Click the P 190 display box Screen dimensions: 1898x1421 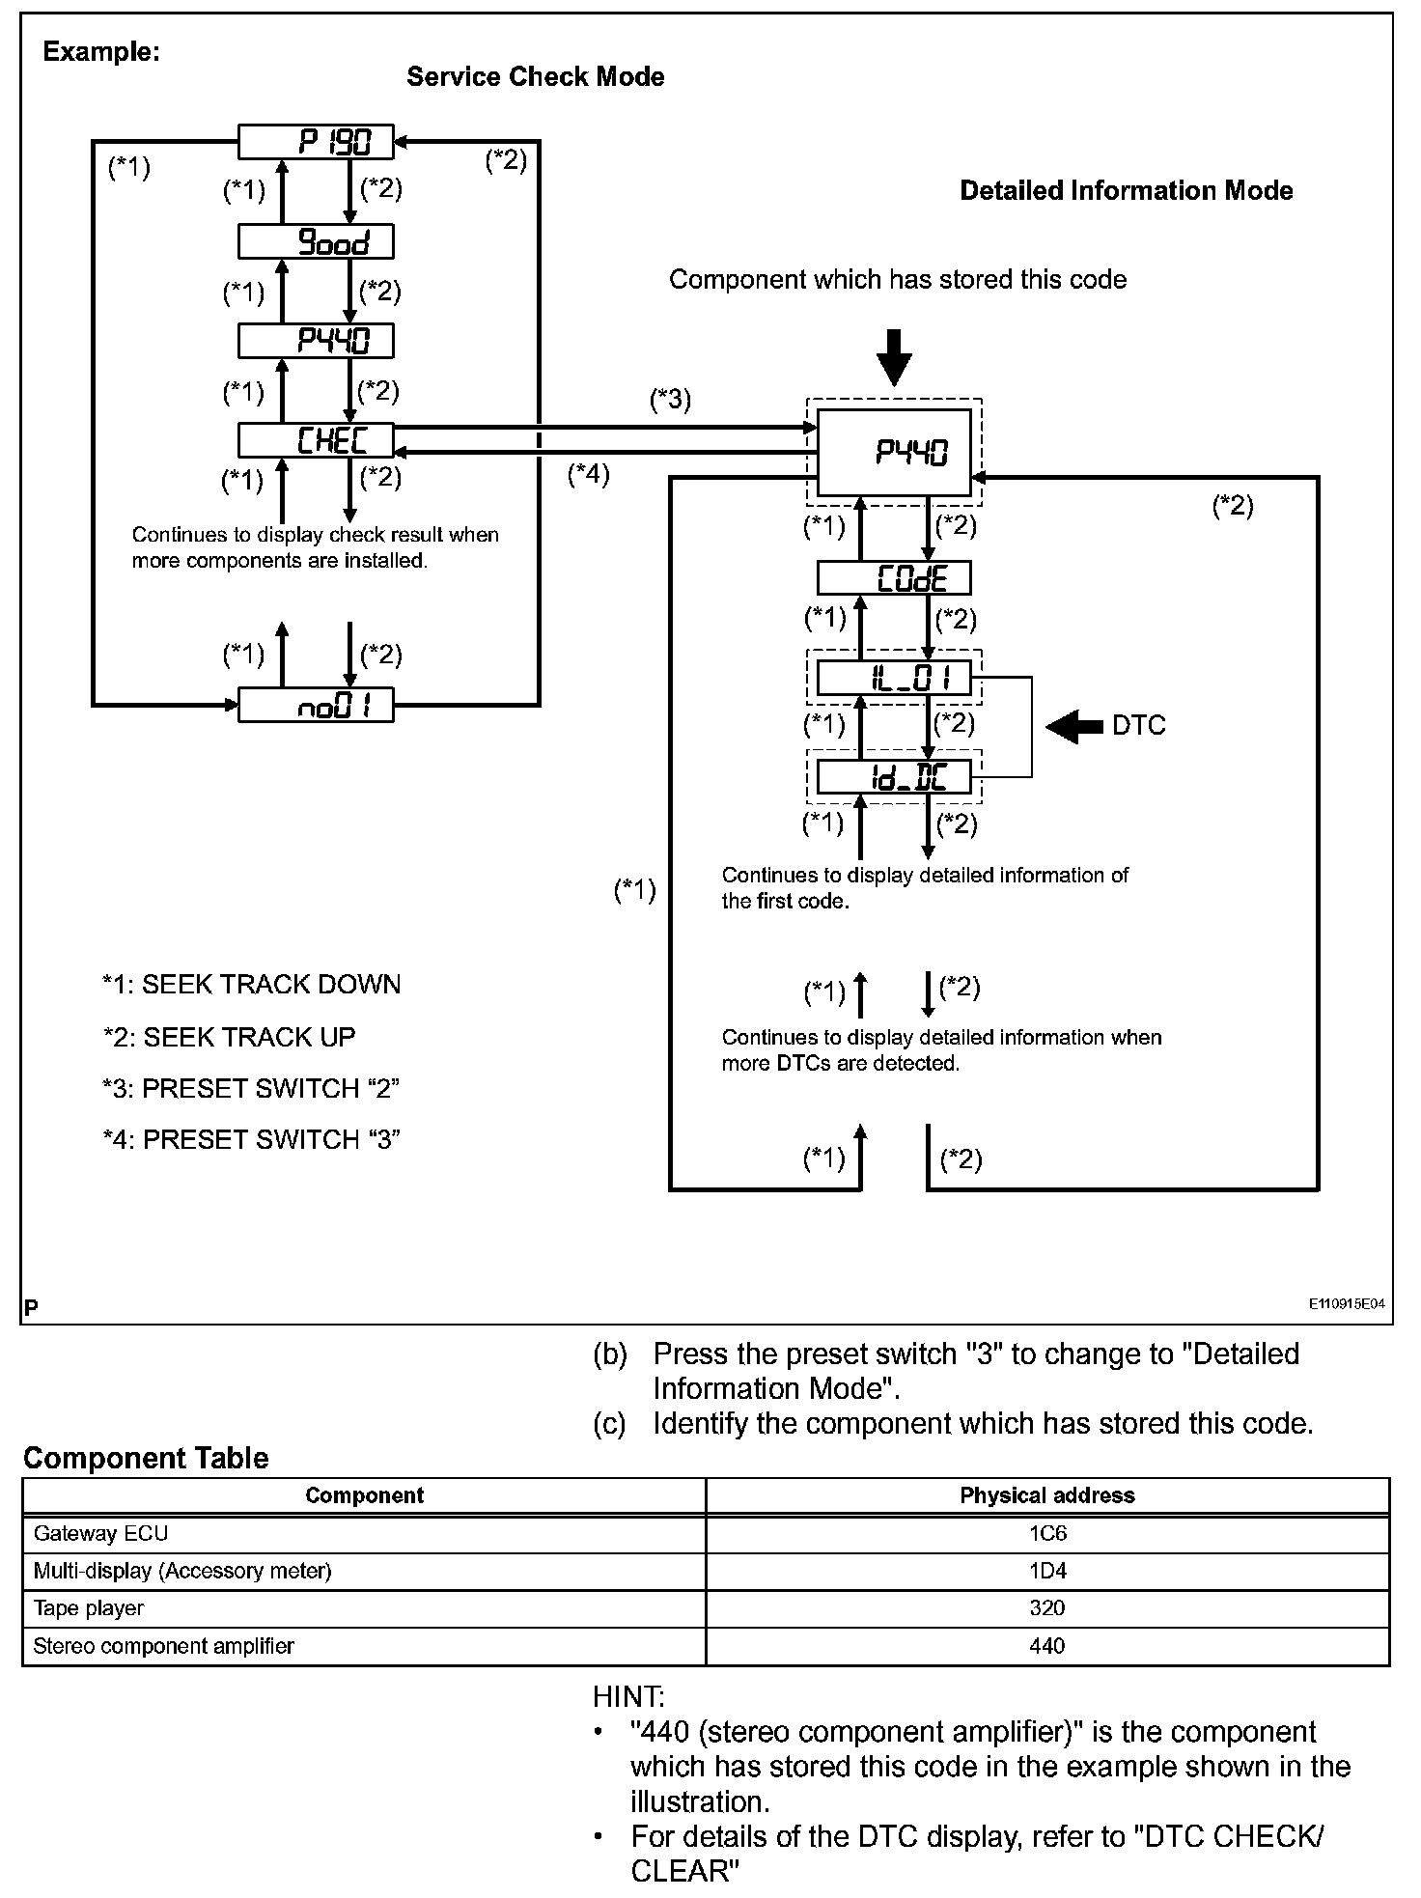(x=316, y=142)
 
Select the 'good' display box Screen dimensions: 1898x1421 (x=316, y=241)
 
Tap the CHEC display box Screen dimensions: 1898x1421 (x=316, y=440)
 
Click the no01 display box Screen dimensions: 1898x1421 (x=316, y=706)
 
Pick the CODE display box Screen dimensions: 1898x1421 (x=893, y=578)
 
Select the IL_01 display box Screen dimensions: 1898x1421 (x=893, y=678)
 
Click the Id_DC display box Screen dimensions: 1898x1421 (x=893, y=777)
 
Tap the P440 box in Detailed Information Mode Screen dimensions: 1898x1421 (x=894, y=453)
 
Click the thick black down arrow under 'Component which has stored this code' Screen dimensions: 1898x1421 (x=894, y=357)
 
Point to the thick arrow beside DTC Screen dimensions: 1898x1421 (x=1074, y=726)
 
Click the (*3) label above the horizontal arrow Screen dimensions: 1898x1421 (x=670, y=399)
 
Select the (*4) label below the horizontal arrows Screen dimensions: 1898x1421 (x=589, y=474)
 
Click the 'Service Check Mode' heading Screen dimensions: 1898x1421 (x=535, y=77)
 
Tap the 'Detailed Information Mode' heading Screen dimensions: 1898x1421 (x=1126, y=191)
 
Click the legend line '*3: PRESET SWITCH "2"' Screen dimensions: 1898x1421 (x=251, y=1088)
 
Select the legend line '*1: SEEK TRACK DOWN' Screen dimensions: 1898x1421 (x=251, y=985)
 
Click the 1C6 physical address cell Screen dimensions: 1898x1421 (x=1046, y=1533)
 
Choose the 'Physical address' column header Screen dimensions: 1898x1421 (x=1046, y=1495)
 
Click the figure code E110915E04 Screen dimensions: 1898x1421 (x=1346, y=1303)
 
